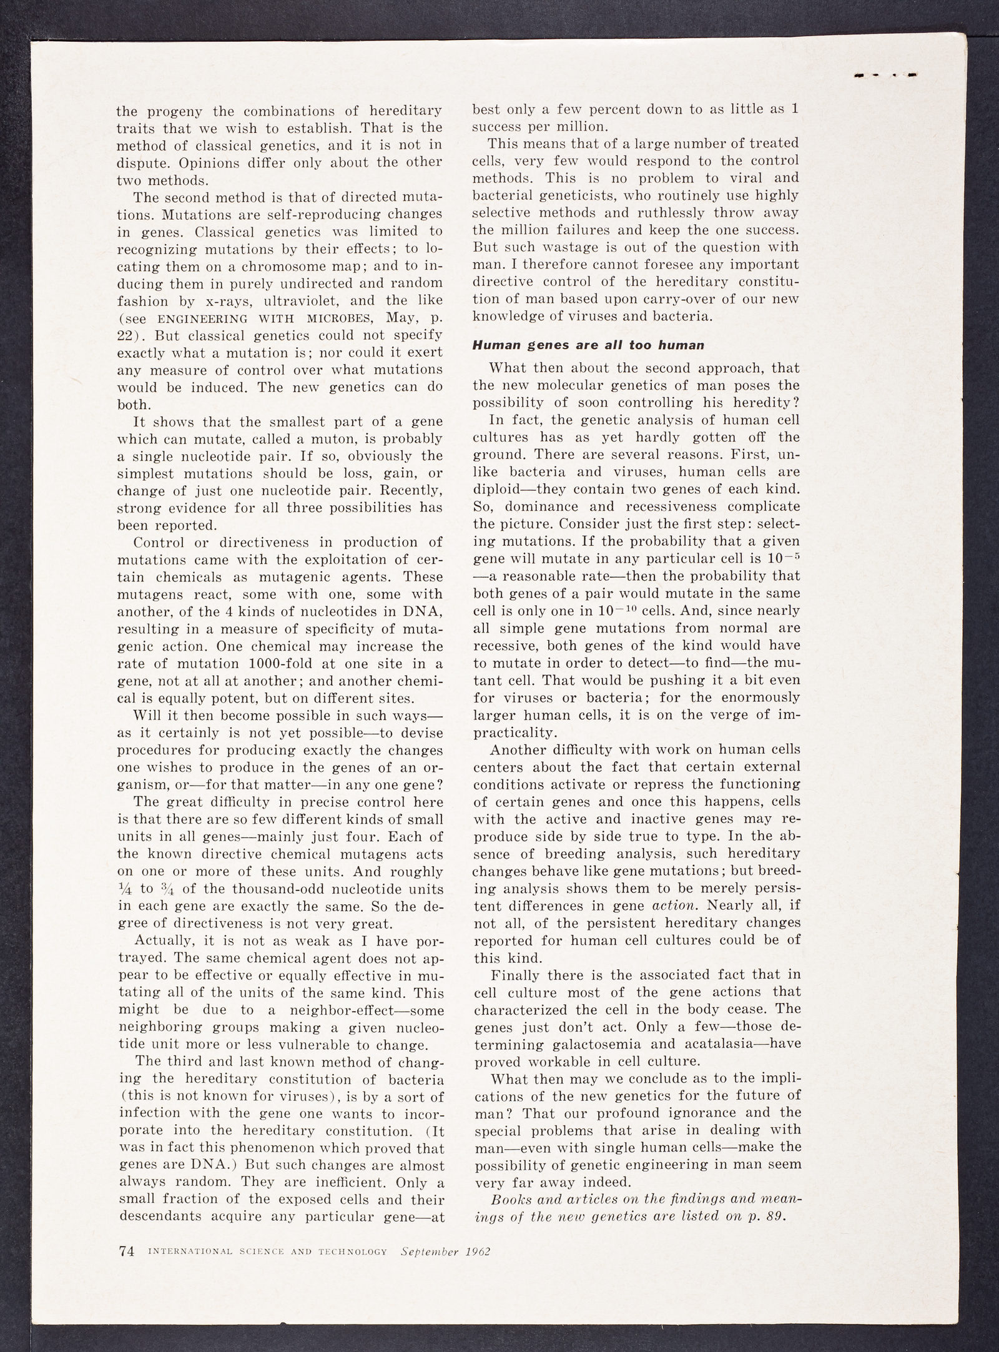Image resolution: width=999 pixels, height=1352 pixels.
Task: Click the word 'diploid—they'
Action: coord(530,488)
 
